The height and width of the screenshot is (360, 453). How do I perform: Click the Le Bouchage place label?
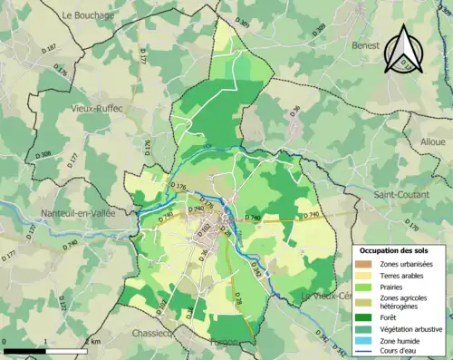[88, 15]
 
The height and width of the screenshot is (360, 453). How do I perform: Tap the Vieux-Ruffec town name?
[97, 108]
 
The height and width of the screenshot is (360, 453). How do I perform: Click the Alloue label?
[433, 143]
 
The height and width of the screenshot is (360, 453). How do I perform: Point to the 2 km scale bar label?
[91, 342]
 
